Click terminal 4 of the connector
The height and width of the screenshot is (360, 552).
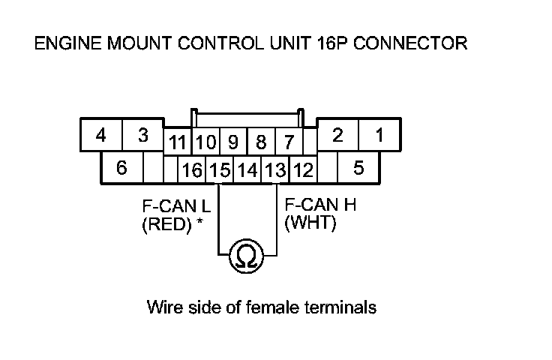[100, 136]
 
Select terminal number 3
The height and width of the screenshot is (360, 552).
[143, 136]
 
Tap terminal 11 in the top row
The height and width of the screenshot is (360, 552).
[178, 142]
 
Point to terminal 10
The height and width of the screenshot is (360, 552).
[206, 142]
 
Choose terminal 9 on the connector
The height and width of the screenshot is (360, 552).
[233, 142]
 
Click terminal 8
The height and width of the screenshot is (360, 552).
[261, 142]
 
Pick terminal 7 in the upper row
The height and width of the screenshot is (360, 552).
[287, 142]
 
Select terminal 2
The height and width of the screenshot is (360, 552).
[338, 136]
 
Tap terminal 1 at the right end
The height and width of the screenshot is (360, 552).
[380, 136]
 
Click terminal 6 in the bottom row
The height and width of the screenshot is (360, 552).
[121, 168]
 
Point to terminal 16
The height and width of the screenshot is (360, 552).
[193, 171]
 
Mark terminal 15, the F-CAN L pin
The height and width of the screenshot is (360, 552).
[220, 171]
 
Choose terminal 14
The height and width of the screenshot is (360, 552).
[247, 171]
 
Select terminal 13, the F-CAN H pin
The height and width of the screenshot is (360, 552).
[275, 171]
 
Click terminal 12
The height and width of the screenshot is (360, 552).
[303, 171]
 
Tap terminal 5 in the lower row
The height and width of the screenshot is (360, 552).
[358, 168]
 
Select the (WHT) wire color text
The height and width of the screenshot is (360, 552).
[310, 223]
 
